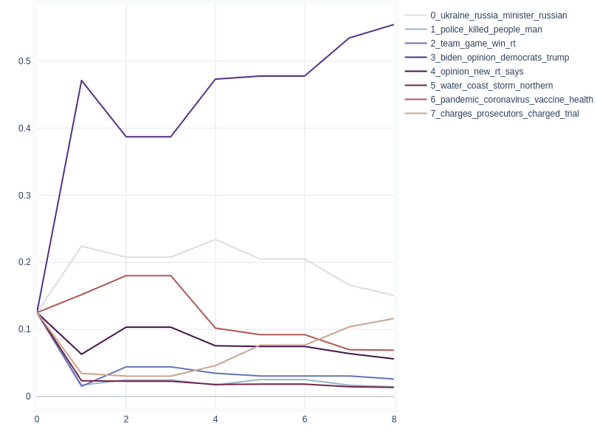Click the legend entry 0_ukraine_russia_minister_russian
click(x=498, y=16)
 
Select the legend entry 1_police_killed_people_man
click(x=486, y=30)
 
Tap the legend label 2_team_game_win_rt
click(x=472, y=44)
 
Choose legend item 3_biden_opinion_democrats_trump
click(x=500, y=58)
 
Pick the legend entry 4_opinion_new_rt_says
click(x=477, y=72)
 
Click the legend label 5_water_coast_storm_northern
click(x=491, y=86)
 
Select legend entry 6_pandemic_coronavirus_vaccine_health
click(x=511, y=100)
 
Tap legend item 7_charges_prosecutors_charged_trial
click(x=504, y=114)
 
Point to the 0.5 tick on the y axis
click(x=24, y=61)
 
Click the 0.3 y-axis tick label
click(x=24, y=196)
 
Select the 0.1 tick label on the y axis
click(x=24, y=329)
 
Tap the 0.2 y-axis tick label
click(x=24, y=262)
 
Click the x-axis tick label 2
click(x=126, y=419)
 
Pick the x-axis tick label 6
click(x=305, y=419)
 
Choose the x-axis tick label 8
click(x=394, y=419)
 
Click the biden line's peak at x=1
click(x=81, y=80)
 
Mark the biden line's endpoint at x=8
click(x=394, y=24)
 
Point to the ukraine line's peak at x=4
click(x=215, y=239)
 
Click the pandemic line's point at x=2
click(x=126, y=275)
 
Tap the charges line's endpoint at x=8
click(x=394, y=318)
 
